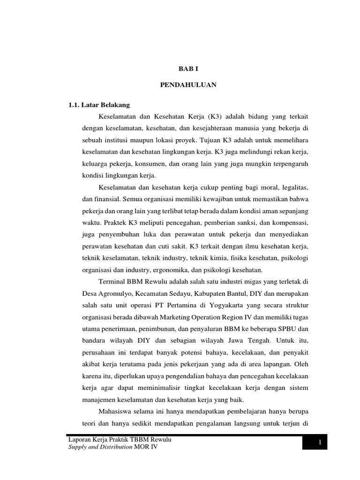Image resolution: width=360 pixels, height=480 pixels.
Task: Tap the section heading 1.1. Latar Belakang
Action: pos(99,105)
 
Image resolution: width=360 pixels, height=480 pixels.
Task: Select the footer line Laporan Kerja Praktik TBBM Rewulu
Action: pos(120,441)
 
